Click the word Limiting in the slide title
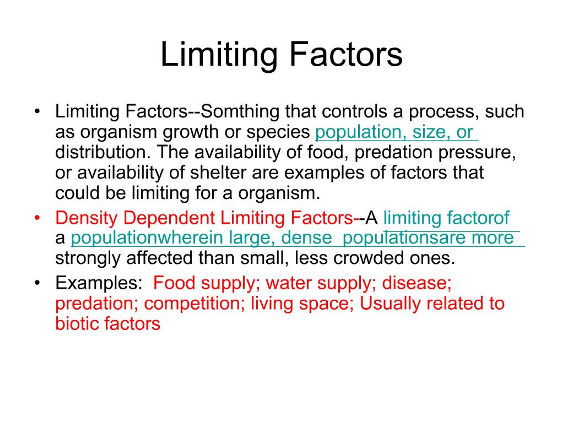(x=219, y=55)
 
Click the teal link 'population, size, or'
(x=394, y=132)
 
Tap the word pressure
(x=477, y=152)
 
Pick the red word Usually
(x=390, y=303)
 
